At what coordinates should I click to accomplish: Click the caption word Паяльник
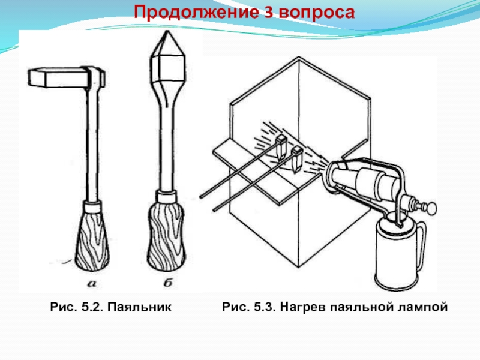(145, 307)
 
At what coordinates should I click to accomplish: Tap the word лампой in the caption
(422, 307)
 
